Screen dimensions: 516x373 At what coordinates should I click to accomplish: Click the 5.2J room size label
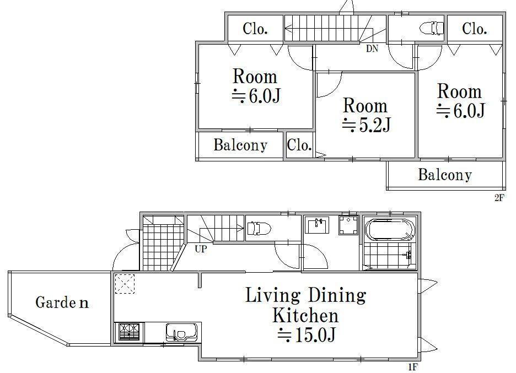(366, 125)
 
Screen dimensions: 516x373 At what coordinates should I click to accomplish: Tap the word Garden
(62, 302)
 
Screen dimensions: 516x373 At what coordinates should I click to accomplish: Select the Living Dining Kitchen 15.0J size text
(307, 335)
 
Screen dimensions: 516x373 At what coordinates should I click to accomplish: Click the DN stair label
(372, 48)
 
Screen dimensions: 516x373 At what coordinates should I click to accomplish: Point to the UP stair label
(201, 249)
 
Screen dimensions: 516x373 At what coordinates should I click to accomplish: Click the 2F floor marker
(499, 198)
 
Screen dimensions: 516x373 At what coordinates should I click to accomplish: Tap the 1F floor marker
(413, 367)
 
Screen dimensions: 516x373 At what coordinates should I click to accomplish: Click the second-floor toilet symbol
(432, 28)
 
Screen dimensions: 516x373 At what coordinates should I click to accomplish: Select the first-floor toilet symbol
(259, 228)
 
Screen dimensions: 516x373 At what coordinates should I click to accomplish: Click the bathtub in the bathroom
(389, 230)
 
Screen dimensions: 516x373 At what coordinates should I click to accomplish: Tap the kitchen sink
(182, 333)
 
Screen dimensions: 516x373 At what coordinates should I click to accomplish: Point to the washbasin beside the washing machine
(316, 225)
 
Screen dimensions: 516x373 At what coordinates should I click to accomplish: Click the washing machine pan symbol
(348, 225)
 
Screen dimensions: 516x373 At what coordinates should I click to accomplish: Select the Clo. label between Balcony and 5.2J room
(299, 145)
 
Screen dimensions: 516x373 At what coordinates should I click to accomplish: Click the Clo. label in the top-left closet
(255, 29)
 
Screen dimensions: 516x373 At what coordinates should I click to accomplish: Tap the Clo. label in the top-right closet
(474, 29)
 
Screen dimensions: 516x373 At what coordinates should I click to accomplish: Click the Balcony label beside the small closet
(240, 145)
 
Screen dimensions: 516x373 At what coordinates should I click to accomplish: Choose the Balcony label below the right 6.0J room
(445, 175)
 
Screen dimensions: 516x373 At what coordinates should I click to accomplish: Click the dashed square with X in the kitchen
(125, 284)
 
